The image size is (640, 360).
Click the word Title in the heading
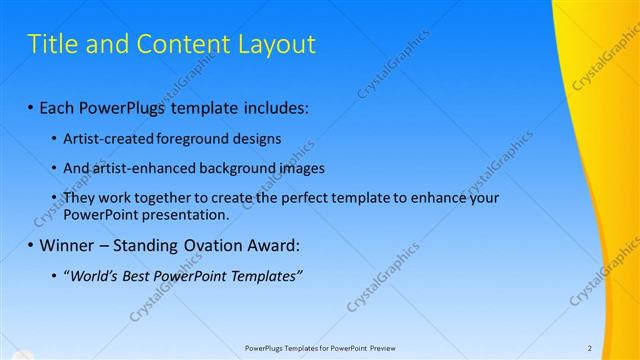[x=52, y=44]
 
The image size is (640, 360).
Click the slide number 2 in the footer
[x=590, y=348]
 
